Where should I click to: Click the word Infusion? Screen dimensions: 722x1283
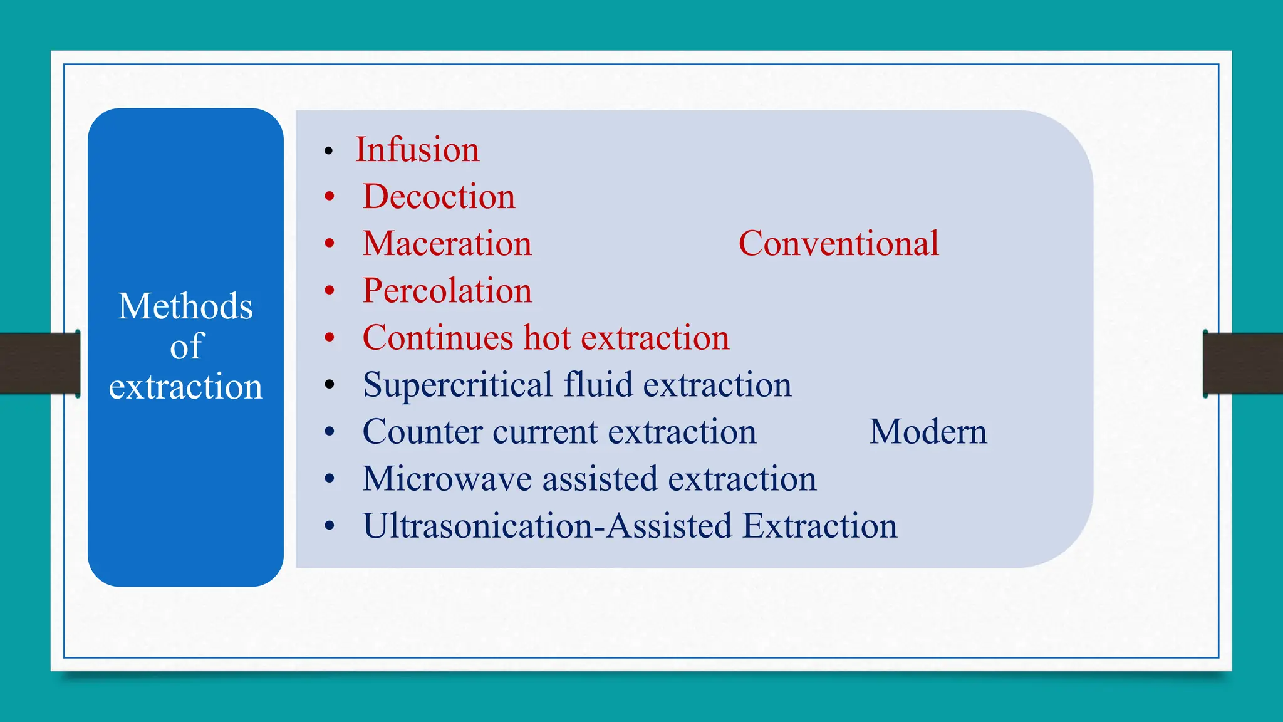417,150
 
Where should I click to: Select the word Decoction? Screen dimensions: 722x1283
439,197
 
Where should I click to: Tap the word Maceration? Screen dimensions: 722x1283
447,244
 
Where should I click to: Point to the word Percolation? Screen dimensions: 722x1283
447,291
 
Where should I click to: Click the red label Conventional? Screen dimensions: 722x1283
838,244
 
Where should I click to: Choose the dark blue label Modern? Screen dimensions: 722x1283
927,432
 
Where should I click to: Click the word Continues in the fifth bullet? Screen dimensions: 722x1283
438,338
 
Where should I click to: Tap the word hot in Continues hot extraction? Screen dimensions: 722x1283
547,338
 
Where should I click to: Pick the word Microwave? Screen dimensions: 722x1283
447,479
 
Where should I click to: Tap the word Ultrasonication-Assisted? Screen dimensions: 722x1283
547,526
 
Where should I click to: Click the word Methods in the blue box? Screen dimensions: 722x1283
185,306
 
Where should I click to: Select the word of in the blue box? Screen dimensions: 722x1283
186,346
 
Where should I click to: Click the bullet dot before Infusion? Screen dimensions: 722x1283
328,151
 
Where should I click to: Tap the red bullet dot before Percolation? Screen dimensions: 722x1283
330,291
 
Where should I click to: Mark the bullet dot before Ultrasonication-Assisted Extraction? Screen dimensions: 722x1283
330,526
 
